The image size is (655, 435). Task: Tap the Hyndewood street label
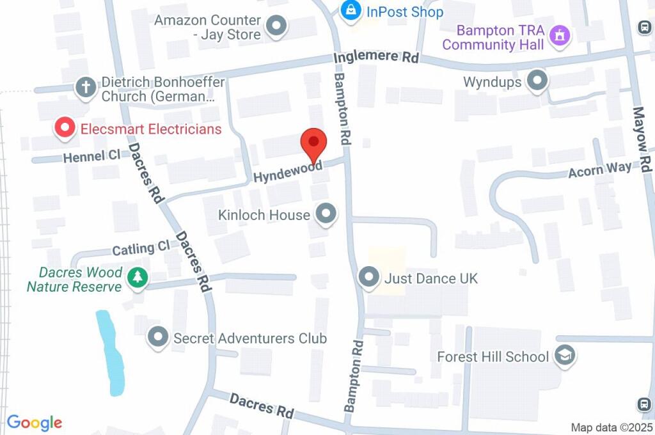[287, 172]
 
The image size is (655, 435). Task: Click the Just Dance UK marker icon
[368, 278]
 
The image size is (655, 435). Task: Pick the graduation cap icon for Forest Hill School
[565, 356]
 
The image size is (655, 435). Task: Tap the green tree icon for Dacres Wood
[137, 278]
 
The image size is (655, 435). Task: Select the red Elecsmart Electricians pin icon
[65, 128]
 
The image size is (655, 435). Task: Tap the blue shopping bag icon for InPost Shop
[351, 11]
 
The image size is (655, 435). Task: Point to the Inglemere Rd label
[376, 58]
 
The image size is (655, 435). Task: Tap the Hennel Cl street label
[91, 156]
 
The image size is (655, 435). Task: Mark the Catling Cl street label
[141, 248]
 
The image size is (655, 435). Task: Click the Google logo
[35, 422]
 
